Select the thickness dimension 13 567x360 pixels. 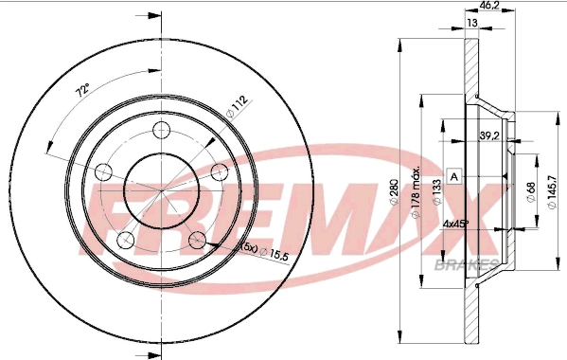click(471, 23)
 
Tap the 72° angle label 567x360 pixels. click(83, 92)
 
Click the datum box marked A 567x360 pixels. click(454, 177)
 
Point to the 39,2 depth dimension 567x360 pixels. click(489, 135)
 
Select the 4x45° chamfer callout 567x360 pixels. click(457, 225)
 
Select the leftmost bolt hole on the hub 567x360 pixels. click(105, 171)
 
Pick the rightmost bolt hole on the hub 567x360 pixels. click(221, 171)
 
